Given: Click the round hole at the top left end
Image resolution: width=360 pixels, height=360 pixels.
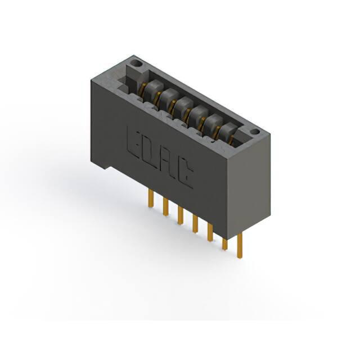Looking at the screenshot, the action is click(x=137, y=63).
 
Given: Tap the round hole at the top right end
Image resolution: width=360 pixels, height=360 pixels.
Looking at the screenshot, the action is click(x=255, y=132).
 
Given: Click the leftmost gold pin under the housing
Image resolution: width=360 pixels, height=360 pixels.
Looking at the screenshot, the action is click(x=151, y=199).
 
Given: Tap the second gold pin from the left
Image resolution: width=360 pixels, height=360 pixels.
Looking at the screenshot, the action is click(x=165, y=207).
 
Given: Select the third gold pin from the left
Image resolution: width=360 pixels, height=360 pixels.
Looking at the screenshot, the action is click(x=181, y=215).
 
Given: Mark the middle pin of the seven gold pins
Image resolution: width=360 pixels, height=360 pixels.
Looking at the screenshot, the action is click(x=195, y=224).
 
